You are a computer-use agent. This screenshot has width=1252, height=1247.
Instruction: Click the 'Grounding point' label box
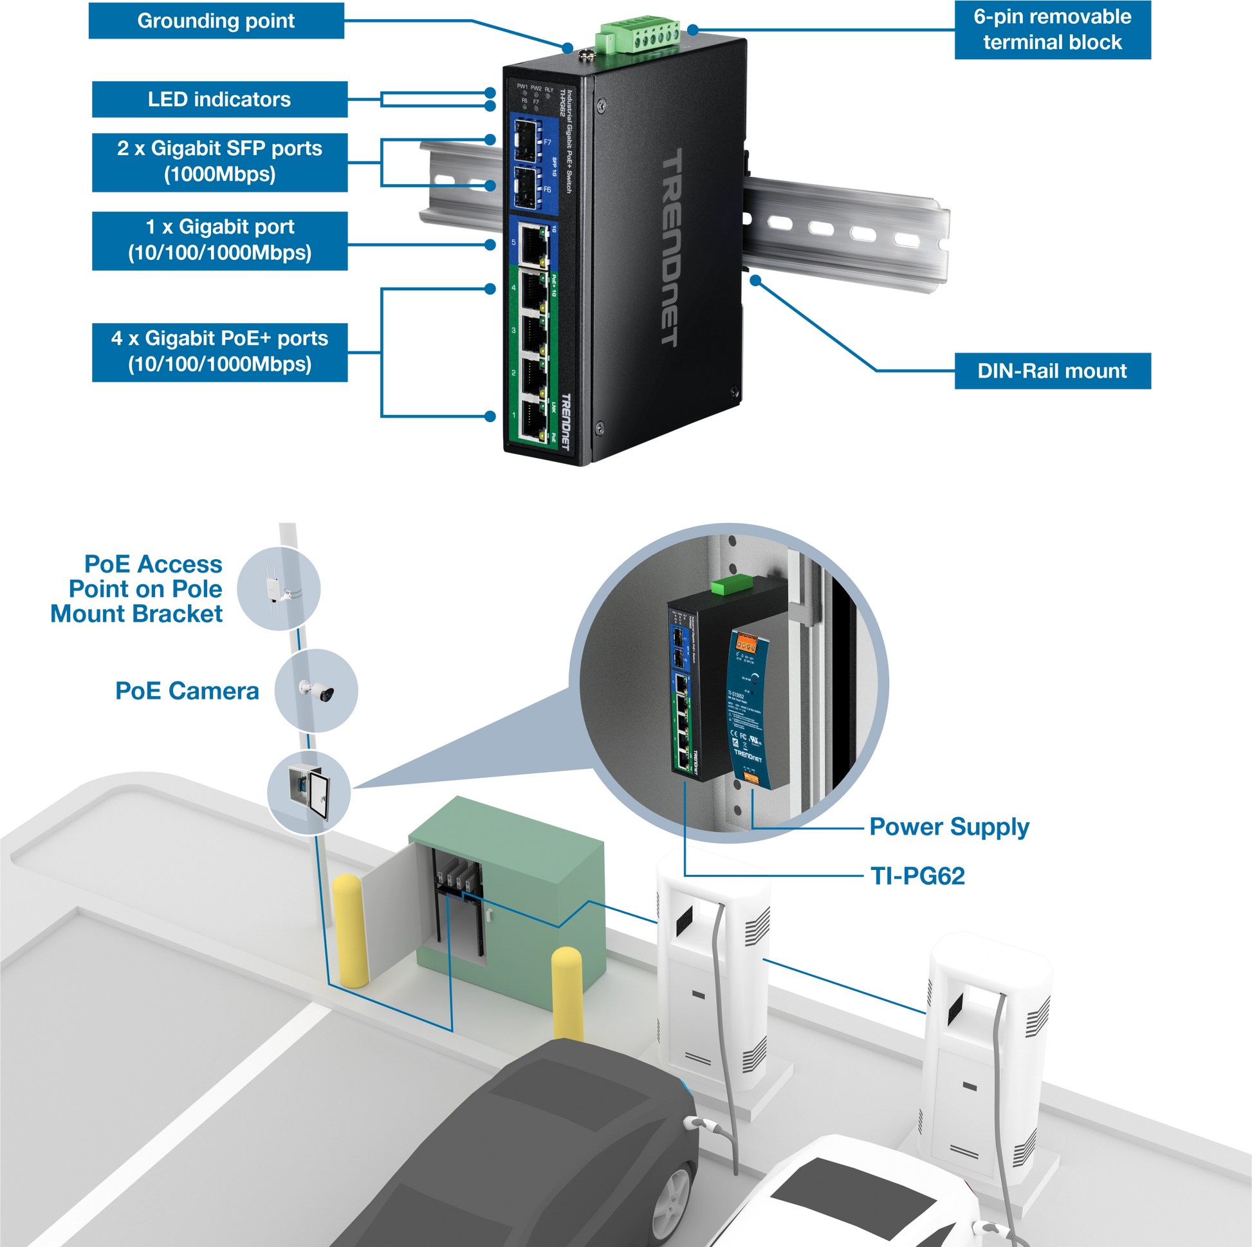[216, 21]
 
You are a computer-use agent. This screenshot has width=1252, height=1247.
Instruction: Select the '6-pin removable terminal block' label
[1052, 30]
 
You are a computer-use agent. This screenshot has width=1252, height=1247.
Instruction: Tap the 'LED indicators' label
[219, 99]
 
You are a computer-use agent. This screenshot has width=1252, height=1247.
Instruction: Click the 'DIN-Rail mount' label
[1052, 371]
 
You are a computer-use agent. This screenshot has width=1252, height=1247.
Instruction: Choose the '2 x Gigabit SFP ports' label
[219, 162]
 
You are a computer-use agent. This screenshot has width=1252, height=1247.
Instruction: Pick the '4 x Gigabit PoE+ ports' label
[219, 351]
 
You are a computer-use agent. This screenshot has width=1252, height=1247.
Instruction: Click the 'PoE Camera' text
[187, 691]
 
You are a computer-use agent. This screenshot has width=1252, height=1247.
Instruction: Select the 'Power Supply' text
[950, 827]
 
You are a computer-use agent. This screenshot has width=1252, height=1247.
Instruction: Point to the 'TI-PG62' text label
[917, 876]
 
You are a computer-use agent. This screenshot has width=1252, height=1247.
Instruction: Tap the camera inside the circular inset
[317, 691]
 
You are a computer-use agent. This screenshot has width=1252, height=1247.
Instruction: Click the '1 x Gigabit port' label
[219, 240]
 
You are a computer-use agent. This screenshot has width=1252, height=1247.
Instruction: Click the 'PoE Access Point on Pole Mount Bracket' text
[138, 589]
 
